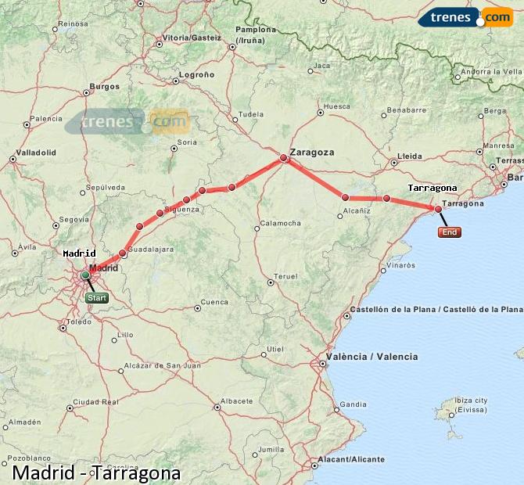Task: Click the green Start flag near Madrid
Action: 97,298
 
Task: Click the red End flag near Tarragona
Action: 450,232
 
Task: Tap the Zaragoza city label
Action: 311,152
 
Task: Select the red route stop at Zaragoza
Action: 285,158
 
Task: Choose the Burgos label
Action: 104,86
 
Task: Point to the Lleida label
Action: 409,156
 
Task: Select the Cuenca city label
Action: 214,302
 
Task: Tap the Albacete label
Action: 237,401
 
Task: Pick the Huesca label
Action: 336,106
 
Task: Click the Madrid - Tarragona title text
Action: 96,473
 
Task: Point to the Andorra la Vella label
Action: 490,73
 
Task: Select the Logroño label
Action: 196,74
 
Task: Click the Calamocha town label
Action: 280,224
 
